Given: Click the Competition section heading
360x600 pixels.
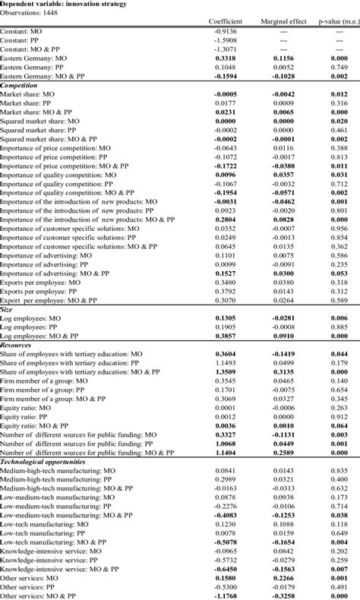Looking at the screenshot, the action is pyautogui.click(x=21, y=86).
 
